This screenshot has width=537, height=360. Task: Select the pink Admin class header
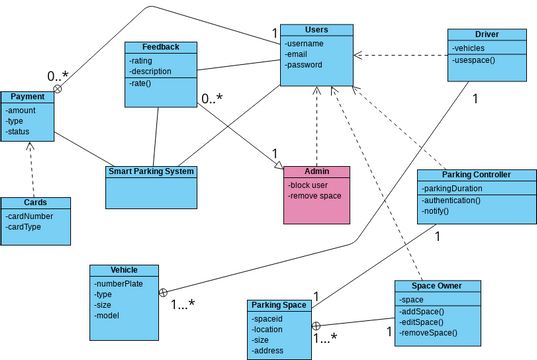[316, 172]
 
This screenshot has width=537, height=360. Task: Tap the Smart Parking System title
[151, 171]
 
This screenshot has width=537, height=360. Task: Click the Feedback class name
[160, 47]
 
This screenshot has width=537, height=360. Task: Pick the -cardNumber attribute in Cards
[31, 215]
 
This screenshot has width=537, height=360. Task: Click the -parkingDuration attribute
[458, 187]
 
